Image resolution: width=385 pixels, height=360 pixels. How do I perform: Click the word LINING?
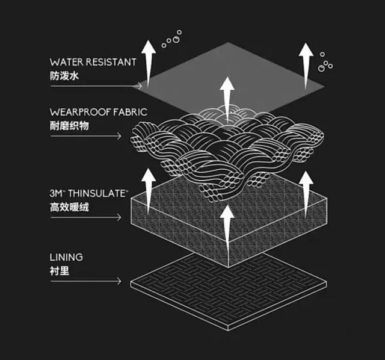point(67,257)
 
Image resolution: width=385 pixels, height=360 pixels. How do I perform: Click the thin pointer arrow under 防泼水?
point(96,86)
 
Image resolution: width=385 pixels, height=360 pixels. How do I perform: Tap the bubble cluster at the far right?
point(325,61)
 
